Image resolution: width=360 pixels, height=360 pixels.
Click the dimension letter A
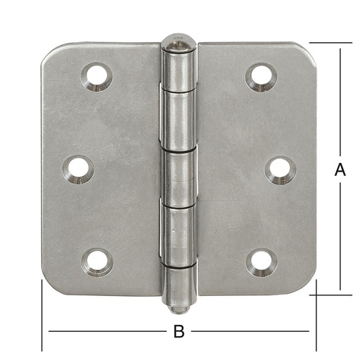point(340,169)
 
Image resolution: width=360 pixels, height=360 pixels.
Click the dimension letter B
point(179,331)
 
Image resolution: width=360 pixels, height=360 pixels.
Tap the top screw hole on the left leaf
point(97,77)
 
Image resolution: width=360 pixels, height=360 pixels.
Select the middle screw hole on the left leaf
point(78,169)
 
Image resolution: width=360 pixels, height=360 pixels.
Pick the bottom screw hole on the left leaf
point(97,262)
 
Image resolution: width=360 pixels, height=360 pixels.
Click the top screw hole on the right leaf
point(261,77)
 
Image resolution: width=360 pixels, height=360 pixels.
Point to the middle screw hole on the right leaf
point(281,170)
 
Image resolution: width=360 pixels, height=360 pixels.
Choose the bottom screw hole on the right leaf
point(262,262)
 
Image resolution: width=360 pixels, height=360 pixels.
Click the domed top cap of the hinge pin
point(179,43)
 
